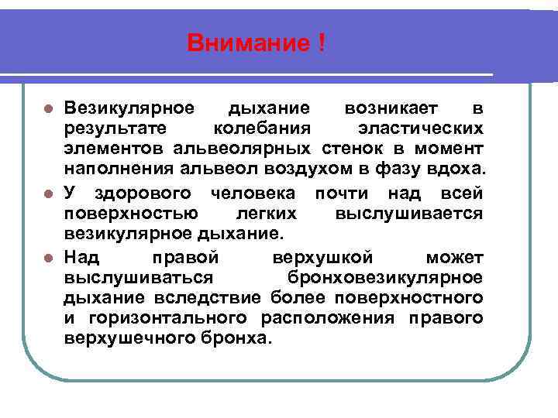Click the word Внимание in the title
point(248,43)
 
